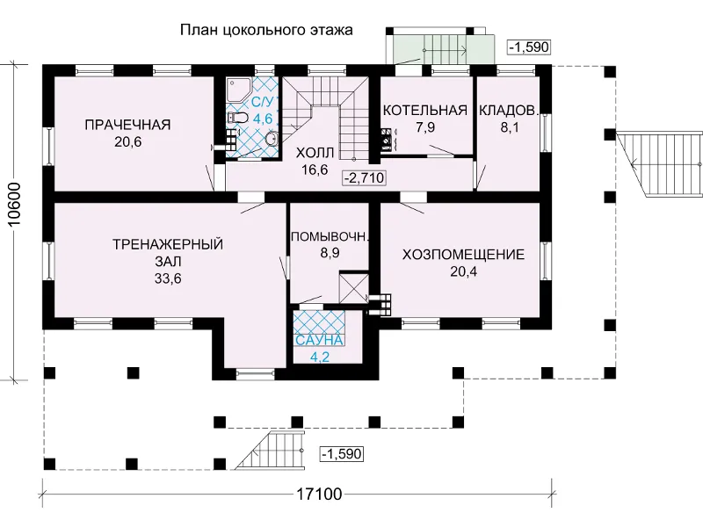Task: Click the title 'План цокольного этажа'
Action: [266, 30]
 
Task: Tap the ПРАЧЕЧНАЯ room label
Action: [127, 125]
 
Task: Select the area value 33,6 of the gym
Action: [168, 278]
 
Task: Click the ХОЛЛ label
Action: [315, 153]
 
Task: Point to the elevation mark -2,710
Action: [364, 178]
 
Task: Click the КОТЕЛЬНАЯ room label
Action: [425, 111]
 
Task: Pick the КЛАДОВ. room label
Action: [508, 111]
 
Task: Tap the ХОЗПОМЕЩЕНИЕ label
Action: [463, 255]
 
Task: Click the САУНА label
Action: [319, 341]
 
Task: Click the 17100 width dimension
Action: [319, 494]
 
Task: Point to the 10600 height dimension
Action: [15, 205]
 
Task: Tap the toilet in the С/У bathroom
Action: [237, 118]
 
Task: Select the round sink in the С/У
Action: [272, 140]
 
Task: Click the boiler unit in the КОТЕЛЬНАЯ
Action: [387, 139]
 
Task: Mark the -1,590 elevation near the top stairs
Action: [529, 47]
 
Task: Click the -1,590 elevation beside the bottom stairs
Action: [342, 454]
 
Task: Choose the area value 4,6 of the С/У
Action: [263, 119]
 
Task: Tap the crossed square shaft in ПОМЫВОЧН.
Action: [354, 288]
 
